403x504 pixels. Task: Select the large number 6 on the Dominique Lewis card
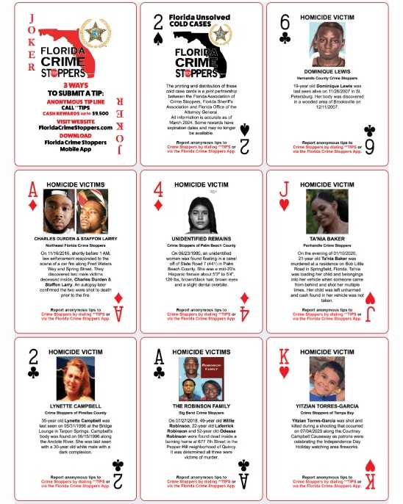pos(284,21)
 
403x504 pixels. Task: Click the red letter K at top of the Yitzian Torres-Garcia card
pos(282,354)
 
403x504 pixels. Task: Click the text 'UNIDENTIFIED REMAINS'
pos(201,239)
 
